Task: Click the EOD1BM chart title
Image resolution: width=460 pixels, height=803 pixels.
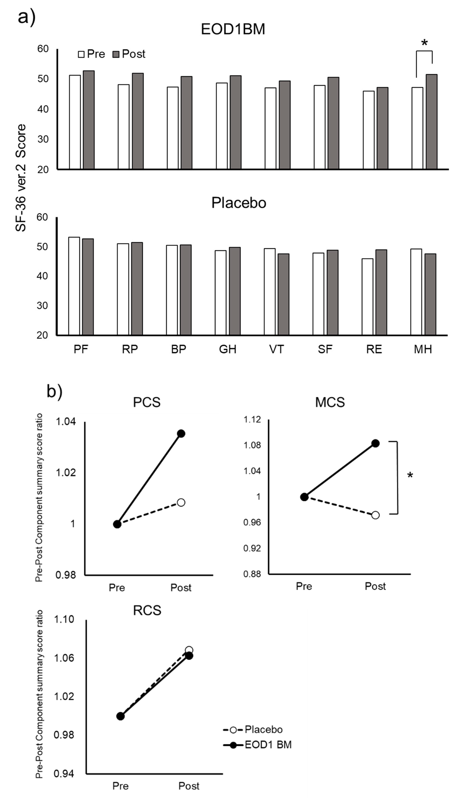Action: click(x=233, y=29)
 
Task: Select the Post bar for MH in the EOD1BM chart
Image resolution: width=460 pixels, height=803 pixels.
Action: click(x=432, y=122)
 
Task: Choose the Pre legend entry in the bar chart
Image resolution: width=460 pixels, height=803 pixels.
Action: click(x=92, y=54)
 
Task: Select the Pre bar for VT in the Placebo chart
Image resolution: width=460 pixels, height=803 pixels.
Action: click(x=269, y=291)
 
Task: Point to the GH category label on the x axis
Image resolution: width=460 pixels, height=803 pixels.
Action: click(x=228, y=349)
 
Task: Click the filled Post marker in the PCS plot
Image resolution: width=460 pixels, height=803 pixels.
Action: click(x=181, y=433)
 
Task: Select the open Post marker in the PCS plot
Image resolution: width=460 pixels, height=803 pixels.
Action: click(x=181, y=502)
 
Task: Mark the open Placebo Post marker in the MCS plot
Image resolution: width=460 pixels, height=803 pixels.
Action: click(x=375, y=515)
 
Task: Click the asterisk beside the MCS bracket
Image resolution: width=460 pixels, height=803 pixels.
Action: click(x=410, y=475)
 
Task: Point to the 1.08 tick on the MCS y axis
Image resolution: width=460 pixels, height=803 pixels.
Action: click(x=252, y=445)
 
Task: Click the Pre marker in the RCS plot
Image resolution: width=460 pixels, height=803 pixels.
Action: click(x=120, y=716)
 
